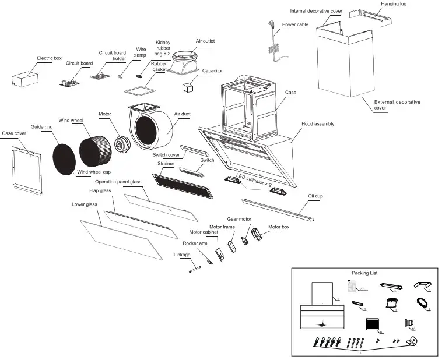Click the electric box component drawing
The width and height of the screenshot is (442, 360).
coord(25,79)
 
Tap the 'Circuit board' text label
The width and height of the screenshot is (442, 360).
coord(79,63)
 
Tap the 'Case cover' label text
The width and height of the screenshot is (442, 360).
coord(14,133)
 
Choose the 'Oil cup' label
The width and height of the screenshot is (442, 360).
coord(315,196)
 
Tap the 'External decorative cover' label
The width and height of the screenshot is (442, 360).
coord(397,105)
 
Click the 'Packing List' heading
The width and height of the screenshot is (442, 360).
coord(364,273)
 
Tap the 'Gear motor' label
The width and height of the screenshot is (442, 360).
coord(239,218)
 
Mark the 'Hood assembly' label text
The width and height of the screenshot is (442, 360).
coord(318,124)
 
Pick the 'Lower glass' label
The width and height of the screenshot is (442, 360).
coord(84,204)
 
